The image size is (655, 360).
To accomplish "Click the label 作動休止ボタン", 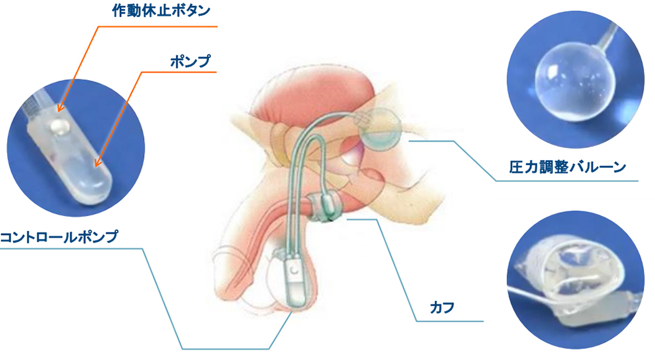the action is [x=161, y=11].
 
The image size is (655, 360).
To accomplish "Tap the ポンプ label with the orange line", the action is [x=190, y=61].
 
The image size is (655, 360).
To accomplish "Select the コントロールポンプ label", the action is [x=59, y=237].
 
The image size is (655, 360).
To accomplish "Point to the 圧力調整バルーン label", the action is [x=567, y=168].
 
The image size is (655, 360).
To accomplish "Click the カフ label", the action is [x=442, y=308].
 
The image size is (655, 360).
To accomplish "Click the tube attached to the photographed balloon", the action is [x=609, y=35].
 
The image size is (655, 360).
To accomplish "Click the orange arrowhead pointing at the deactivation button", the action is [x=60, y=109].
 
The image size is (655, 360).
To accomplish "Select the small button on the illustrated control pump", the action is [x=296, y=270].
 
